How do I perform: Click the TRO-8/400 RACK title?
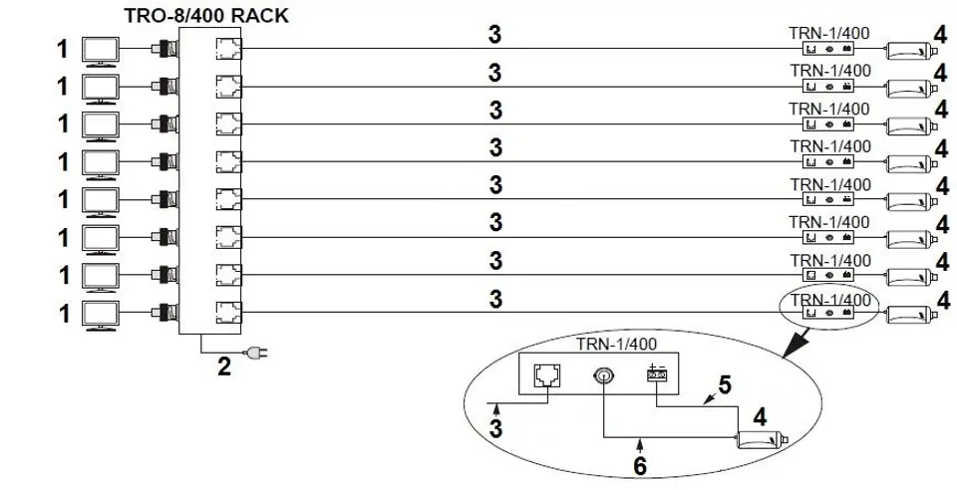(205, 14)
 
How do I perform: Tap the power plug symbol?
(256, 352)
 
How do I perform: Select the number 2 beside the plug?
(224, 367)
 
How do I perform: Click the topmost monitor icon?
(101, 51)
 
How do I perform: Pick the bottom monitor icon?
(101, 316)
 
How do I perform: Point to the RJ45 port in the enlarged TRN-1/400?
(547, 375)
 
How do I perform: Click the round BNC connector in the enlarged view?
(602, 376)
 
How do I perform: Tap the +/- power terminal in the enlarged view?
(657, 373)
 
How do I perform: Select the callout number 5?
(725, 385)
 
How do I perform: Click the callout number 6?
(640, 466)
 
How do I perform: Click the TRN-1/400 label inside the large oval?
(616, 345)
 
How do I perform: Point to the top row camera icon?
(911, 51)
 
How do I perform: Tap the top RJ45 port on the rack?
(229, 49)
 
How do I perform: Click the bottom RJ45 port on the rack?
(229, 313)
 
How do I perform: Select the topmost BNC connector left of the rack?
(166, 49)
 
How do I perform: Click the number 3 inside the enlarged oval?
(496, 428)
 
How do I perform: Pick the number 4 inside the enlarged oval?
(760, 417)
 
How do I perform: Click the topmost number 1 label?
(63, 50)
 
